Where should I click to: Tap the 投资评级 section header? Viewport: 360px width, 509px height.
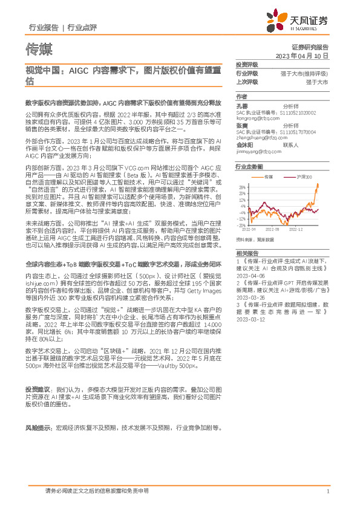click(x=246, y=64)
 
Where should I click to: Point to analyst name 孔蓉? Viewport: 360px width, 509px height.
click(x=241, y=105)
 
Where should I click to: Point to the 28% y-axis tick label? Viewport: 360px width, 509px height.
click(x=242, y=187)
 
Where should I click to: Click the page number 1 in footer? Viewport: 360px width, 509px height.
click(x=327, y=491)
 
